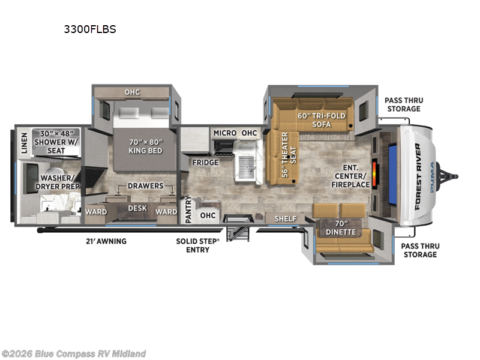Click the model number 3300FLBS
point(90,29)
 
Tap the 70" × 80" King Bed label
point(145,146)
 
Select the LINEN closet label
point(24,143)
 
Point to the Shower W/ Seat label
point(56,142)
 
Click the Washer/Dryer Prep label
point(58,182)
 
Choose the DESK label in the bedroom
point(137,208)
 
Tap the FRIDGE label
point(205,162)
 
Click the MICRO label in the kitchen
point(225,133)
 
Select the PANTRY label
point(188,209)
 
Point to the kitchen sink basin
point(246,167)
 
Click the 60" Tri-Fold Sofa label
point(322,120)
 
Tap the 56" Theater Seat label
point(289,155)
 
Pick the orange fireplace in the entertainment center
point(374,173)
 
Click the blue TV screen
point(392,175)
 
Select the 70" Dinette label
point(341,228)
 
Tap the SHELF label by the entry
point(286,218)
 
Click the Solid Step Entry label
point(198,245)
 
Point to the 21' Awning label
point(106,241)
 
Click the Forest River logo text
point(418,176)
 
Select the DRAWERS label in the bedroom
point(145,186)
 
